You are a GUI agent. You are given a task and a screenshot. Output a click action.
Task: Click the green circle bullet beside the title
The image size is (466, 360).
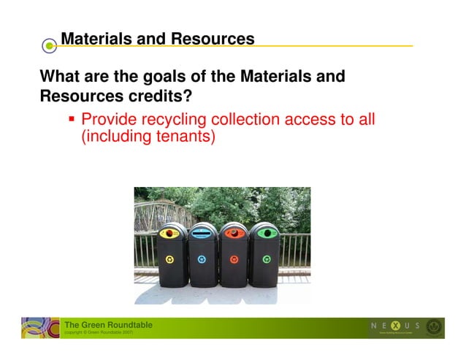(x=49, y=46)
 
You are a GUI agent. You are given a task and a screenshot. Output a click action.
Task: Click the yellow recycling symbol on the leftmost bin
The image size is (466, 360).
(x=170, y=258)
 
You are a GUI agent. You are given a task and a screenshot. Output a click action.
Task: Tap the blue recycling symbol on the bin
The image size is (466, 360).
(x=202, y=258)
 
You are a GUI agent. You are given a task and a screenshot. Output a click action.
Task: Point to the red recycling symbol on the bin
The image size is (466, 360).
(x=234, y=258)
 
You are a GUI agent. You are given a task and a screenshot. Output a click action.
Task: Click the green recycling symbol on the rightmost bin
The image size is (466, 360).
(x=266, y=258)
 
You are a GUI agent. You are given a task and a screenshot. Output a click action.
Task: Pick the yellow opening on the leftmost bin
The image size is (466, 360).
(x=170, y=234)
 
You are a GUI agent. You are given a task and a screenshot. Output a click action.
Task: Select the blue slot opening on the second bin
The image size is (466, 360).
(x=202, y=234)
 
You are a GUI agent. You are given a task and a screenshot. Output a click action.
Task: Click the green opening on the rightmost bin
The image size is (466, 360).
(x=264, y=234)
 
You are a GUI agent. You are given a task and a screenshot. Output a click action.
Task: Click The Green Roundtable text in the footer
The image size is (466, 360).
(x=108, y=325)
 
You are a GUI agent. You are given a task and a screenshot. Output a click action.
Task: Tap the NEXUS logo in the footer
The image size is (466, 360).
(x=394, y=325)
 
